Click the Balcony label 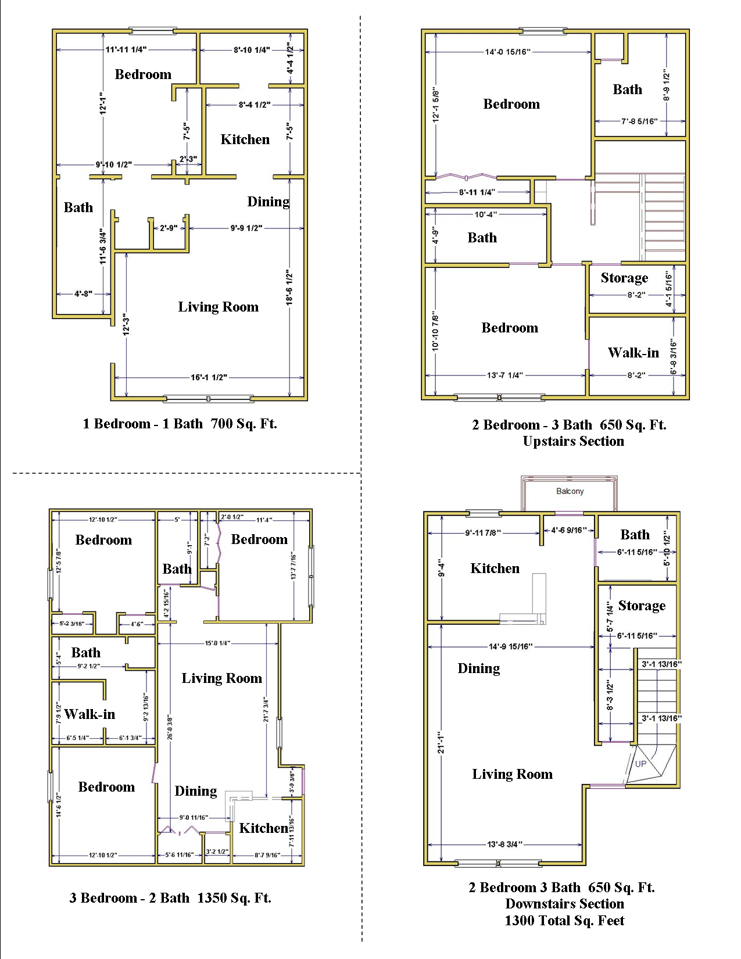coord(570,491)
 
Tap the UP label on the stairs coord(640,764)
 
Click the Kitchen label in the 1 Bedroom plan coord(245,139)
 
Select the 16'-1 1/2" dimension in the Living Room coord(209,378)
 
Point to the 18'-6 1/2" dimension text coord(289,287)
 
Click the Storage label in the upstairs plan coord(624,278)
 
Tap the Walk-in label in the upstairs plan coord(633,353)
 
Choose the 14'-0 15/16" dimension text coord(507,52)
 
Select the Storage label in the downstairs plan coord(642,606)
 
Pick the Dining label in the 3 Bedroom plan coord(196,791)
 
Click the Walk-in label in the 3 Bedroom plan coord(90,714)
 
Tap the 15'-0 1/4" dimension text coord(217,643)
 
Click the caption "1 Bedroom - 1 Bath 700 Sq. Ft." coord(180,424)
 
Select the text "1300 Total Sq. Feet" coord(564,921)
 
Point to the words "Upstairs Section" coord(573,441)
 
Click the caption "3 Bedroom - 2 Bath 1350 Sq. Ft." coord(170,898)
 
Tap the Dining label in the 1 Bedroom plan coord(268,202)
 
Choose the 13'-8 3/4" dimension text coord(504,845)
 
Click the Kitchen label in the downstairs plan coord(495,568)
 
